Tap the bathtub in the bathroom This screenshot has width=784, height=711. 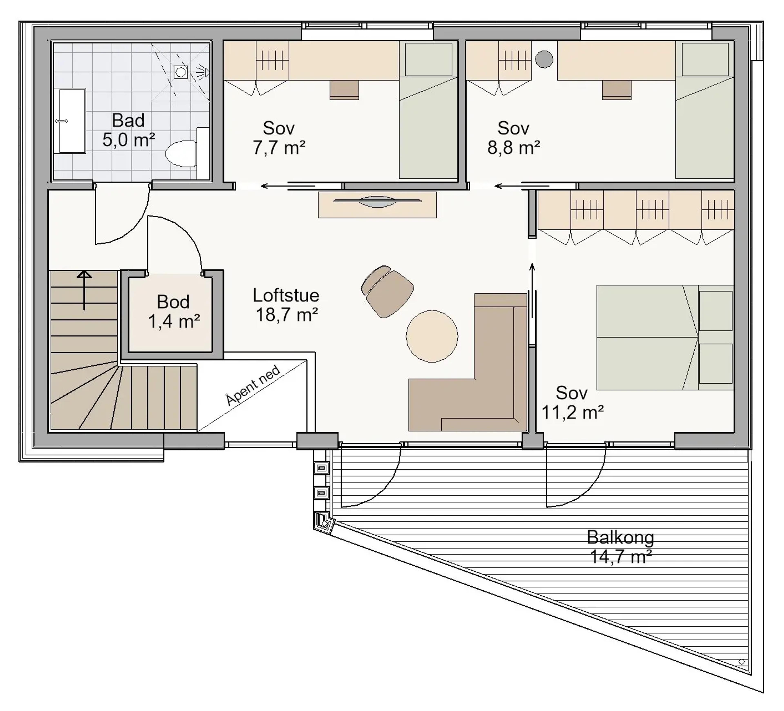pyautogui.click(x=72, y=121)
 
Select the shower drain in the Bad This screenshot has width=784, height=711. pyautogui.click(x=180, y=72)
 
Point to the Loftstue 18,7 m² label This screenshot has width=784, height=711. pyautogui.click(x=286, y=305)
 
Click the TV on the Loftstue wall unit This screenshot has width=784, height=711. pyautogui.click(x=377, y=201)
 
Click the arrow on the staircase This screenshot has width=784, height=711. pyautogui.click(x=84, y=290)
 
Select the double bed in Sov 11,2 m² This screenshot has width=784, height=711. pyautogui.click(x=665, y=337)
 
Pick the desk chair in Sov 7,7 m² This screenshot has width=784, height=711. pyautogui.click(x=344, y=90)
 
